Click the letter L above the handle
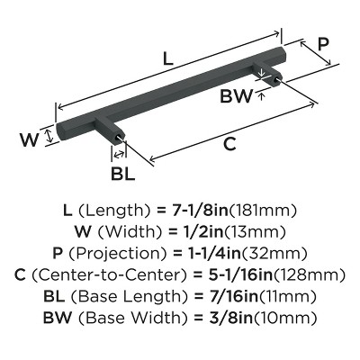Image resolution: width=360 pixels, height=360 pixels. click(x=168, y=58)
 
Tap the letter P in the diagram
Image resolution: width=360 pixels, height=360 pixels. click(x=323, y=44)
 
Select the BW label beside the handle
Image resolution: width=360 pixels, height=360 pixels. click(x=237, y=96)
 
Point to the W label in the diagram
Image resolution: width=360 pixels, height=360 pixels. click(x=30, y=139)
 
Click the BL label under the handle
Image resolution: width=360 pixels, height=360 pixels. click(x=122, y=174)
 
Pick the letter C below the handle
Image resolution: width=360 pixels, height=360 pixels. click(x=229, y=144)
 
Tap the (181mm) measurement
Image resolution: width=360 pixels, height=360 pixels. click(x=263, y=211)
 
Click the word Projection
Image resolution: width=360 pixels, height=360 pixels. click(x=118, y=254)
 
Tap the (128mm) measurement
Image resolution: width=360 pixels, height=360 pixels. click(x=309, y=275)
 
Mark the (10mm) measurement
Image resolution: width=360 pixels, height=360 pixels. click(x=285, y=318)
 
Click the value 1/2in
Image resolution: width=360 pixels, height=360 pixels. click(x=203, y=232)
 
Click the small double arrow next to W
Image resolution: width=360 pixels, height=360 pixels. click(x=49, y=136)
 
